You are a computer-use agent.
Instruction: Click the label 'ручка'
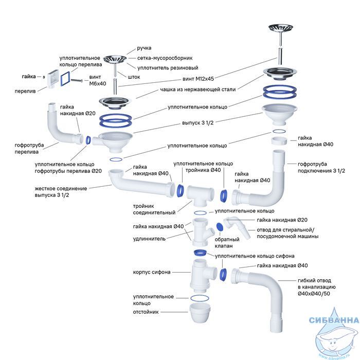coord(144,48)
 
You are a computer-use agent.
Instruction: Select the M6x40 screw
coord(77,80)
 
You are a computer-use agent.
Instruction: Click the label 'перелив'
coord(25,91)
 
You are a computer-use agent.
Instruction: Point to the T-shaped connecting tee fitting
coord(200,195)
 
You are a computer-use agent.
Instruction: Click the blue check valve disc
coord(220,227)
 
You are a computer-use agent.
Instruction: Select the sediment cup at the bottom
coord(200,313)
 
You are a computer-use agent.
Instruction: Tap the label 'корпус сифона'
coord(152,272)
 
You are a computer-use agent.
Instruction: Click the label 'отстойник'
coord(146,312)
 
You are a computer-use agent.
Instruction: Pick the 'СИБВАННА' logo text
coord(334,320)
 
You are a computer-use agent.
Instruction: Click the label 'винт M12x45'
coord(198,79)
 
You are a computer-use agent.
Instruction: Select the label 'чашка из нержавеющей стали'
coord(198,89)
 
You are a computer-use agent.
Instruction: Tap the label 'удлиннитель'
coord(149,239)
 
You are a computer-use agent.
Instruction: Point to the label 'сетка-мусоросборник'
coord(165,58)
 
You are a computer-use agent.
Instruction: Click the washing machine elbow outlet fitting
coord(237,227)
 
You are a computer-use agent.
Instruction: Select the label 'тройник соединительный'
coord(154,209)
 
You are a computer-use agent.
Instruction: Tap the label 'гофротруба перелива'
coord(29,149)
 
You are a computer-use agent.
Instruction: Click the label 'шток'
coord(134,77)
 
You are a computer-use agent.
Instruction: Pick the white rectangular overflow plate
coord(53,78)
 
